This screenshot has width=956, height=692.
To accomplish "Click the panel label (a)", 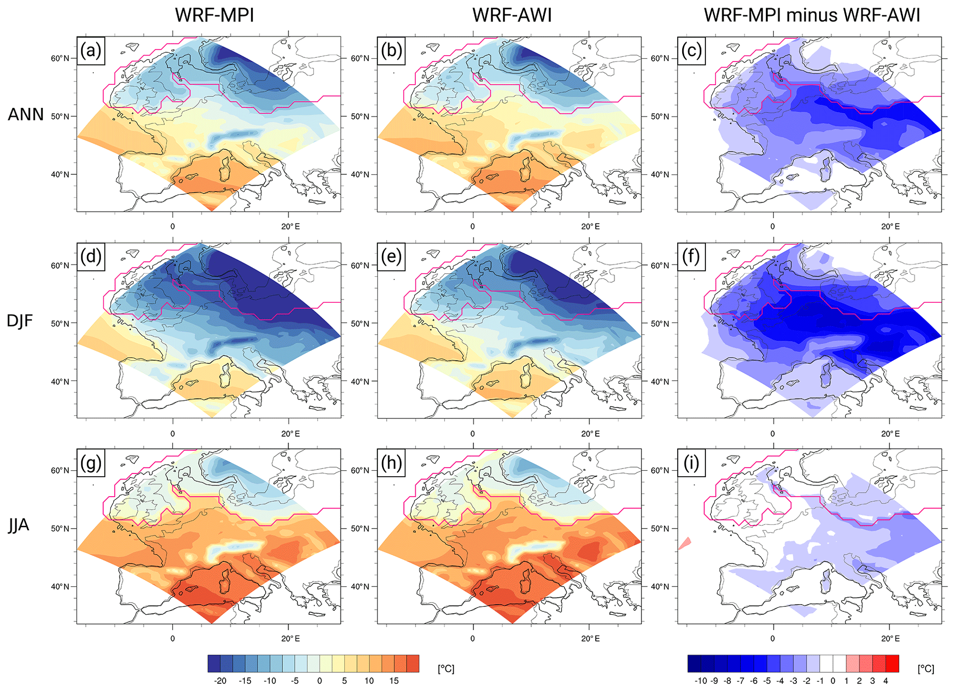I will tap(91, 50).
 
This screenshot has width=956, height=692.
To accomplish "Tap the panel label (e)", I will tap(391, 256).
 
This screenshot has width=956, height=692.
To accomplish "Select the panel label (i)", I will tap(691, 462).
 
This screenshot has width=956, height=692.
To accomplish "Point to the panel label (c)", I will tap(691, 50).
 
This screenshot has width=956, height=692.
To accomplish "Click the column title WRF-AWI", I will tap(512, 16).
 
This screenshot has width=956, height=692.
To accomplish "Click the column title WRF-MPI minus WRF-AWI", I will tap(812, 16).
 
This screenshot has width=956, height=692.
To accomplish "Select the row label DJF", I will tap(19, 321).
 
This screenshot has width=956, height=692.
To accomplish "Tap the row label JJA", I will tap(19, 525).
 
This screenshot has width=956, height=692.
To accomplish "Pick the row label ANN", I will tap(25, 114).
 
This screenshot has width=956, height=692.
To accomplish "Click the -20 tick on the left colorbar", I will tap(220, 681).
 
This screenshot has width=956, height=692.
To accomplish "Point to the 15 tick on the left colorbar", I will tap(394, 681).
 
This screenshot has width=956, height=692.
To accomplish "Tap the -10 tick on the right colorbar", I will tap(701, 681).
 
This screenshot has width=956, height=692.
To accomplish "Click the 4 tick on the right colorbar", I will tap(886, 681).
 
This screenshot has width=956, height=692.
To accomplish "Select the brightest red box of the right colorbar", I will tap(892, 663).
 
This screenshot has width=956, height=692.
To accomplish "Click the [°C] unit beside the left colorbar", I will tap(446, 669).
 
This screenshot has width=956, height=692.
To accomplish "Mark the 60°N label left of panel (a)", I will tap(60, 58).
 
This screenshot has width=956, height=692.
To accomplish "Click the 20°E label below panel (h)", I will tap(591, 639).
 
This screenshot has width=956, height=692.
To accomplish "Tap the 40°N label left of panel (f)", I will tap(660, 381).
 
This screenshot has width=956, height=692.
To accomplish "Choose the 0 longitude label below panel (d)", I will tap(173, 434).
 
